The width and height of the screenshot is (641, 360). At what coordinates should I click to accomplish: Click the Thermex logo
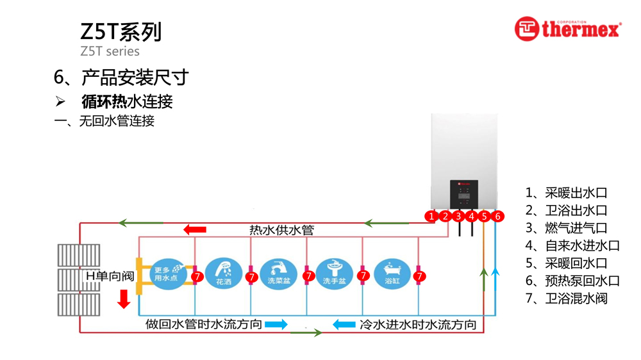(x=567, y=29)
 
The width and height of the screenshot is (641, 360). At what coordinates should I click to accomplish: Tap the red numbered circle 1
(x=432, y=217)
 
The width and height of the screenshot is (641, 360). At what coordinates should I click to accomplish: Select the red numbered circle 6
(x=497, y=217)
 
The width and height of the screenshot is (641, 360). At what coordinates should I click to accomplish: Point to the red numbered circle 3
(x=458, y=217)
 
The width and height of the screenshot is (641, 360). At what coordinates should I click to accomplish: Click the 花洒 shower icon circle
(x=224, y=272)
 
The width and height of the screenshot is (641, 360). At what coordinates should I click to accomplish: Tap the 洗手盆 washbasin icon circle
(x=335, y=272)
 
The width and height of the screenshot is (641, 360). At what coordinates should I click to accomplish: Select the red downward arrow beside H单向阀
(x=124, y=298)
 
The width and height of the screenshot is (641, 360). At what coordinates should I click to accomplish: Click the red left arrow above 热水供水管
(x=195, y=230)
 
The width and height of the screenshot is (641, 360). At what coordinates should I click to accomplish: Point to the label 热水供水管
(x=281, y=230)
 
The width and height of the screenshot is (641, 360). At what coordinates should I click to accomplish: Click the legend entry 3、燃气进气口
(x=566, y=227)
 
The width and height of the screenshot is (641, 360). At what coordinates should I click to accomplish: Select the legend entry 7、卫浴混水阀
(x=566, y=298)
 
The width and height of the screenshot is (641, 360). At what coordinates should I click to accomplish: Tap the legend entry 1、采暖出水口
(x=566, y=193)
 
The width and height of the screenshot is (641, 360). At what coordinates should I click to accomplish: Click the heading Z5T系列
(x=121, y=31)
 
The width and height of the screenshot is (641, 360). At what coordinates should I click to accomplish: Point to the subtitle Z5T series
(x=110, y=51)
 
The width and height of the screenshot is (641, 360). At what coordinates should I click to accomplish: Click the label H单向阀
(x=110, y=276)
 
